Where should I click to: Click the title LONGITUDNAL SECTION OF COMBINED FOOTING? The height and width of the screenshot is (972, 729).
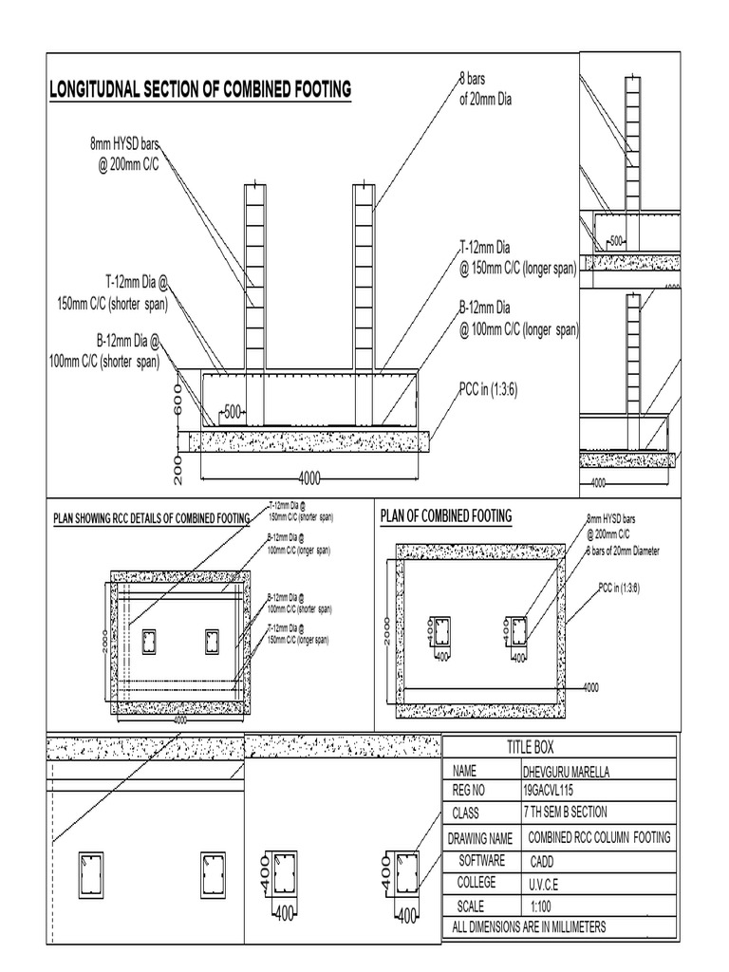click(199, 89)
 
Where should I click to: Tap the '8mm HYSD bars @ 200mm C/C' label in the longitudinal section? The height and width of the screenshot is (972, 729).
click(124, 154)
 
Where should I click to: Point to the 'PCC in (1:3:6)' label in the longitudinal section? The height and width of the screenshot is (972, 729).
click(490, 390)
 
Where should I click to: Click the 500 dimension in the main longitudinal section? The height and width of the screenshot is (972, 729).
click(233, 412)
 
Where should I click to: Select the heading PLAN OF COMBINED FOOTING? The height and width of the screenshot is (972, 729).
click(445, 515)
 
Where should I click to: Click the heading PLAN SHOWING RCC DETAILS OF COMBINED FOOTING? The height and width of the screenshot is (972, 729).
click(150, 518)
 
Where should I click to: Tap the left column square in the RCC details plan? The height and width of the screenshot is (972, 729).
click(149, 643)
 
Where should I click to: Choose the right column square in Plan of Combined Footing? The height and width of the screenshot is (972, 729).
click(516, 628)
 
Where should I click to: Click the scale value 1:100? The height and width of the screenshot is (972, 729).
click(540, 906)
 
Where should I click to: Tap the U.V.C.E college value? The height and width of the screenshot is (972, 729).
click(544, 883)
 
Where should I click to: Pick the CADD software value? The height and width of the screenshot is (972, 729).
click(546, 860)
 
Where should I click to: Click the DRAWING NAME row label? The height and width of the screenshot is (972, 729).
click(482, 838)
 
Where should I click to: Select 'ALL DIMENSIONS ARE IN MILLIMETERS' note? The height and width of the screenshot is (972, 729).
click(529, 926)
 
